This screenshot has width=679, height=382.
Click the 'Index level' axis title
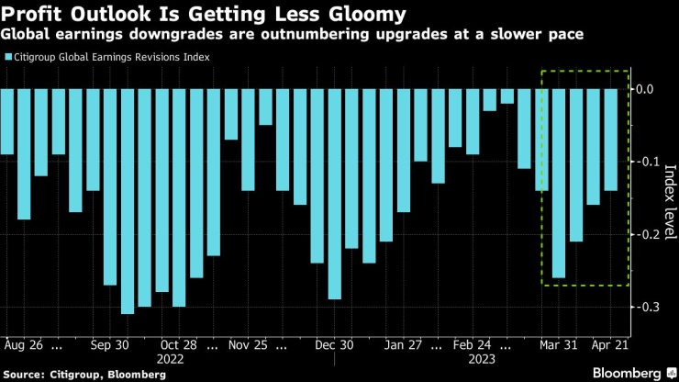(x=669, y=197)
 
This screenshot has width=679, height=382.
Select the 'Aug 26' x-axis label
(x=25, y=348)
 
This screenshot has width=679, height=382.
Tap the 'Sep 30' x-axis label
(x=111, y=348)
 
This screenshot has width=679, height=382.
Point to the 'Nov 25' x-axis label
(x=249, y=348)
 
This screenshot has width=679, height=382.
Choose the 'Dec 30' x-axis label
(x=334, y=348)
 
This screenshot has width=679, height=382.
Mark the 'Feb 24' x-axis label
(x=473, y=348)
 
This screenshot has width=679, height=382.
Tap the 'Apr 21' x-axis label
(x=610, y=348)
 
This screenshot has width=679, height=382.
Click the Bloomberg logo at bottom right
(x=628, y=374)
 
